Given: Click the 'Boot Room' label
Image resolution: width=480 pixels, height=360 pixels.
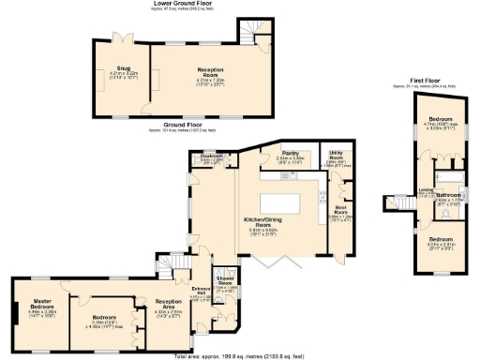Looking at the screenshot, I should (x=338, y=212).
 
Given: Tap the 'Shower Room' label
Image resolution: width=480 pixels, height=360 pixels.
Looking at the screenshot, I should (x=225, y=280).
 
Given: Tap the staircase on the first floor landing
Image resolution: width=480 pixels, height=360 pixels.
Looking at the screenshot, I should (x=395, y=202).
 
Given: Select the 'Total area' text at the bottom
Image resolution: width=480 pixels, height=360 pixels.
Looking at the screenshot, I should (x=240, y=356).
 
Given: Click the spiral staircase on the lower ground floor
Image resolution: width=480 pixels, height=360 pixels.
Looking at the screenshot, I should (x=248, y=30).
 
